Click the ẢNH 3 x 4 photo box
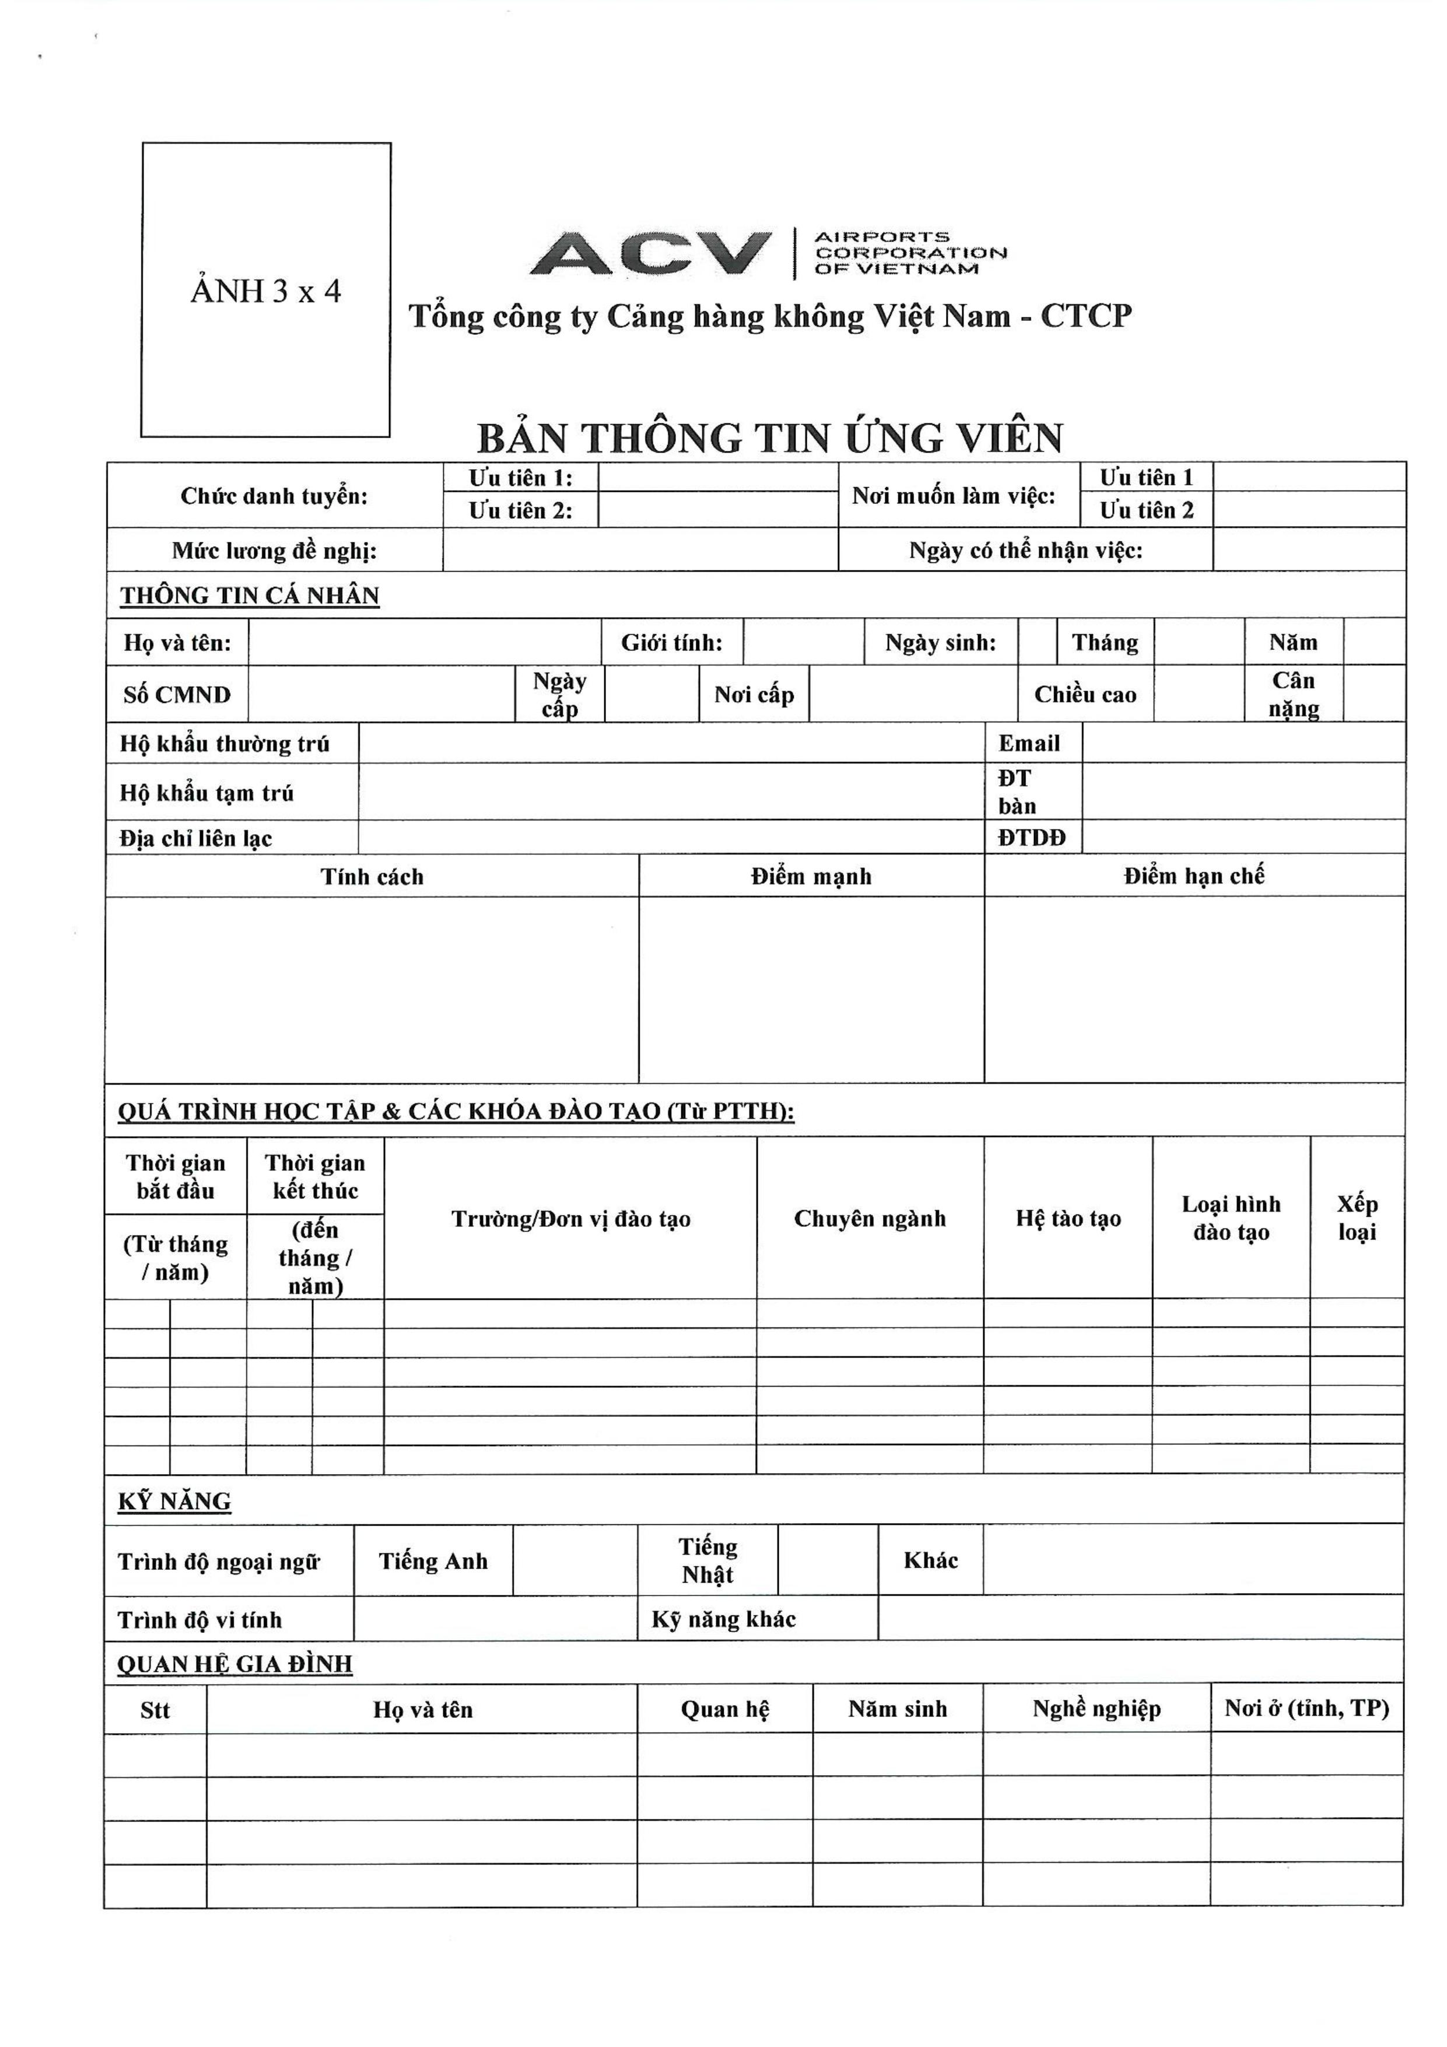[x=266, y=290]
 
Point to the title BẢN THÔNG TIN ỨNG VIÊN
[x=769, y=438]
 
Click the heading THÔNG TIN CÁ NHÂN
[x=250, y=596]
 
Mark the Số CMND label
[x=177, y=695]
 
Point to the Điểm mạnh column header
[x=811, y=876]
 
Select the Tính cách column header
[x=372, y=876]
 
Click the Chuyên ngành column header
[x=869, y=1219]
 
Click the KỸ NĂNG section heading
[x=175, y=1502]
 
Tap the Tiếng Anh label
[x=433, y=1561]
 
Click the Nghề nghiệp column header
[x=1096, y=1709]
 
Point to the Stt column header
[x=155, y=1710]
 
